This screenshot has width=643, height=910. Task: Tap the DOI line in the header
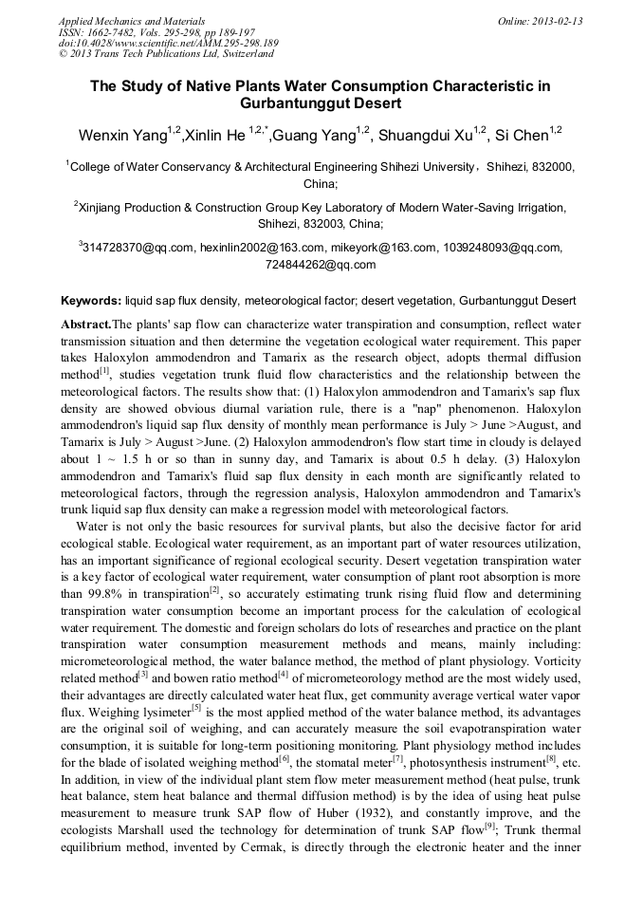tap(169, 43)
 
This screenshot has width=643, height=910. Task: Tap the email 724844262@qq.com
tap(321, 266)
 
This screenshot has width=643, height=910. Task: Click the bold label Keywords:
tap(91, 302)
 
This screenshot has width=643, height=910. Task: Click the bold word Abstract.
tap(85, 325)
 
